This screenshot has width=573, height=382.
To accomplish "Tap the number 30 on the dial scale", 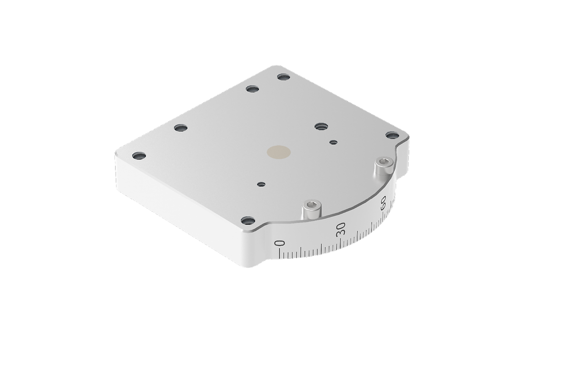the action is point(341,228).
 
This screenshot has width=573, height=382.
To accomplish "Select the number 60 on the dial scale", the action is point(383,202).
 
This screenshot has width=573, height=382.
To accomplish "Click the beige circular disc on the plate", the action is point(278,152).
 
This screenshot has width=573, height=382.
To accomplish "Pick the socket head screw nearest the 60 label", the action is point(383,166).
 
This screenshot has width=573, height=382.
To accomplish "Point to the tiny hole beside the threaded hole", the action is point(333,142).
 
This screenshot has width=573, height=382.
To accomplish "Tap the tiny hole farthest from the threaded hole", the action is point(262,184).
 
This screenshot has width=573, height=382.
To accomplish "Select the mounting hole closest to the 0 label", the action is point(248,220).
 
